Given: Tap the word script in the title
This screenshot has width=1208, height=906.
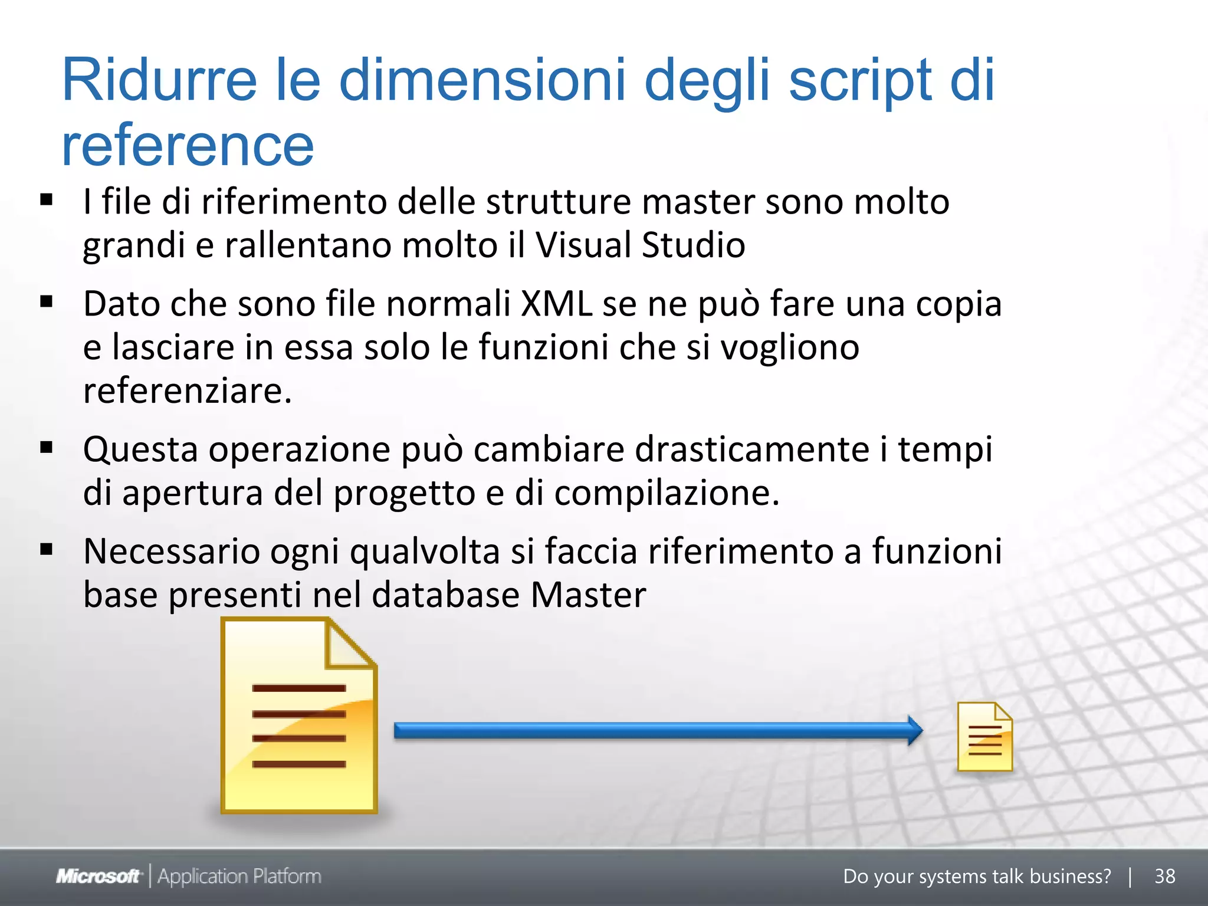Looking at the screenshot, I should tap(861, 81).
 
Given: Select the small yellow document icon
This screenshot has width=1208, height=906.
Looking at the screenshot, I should tap(984, 737).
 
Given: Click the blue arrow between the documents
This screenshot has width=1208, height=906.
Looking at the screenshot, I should tap(658, 731).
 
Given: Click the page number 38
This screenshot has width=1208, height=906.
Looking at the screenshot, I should tap(1164, 877).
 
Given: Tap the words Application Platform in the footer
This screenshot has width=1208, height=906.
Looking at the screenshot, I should tap(239, 877).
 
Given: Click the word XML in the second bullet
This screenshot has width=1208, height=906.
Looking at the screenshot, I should tap(556, 304).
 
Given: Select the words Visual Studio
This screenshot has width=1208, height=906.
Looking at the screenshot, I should tap(640, 245).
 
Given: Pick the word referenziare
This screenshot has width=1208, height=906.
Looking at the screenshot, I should tap(188, 390).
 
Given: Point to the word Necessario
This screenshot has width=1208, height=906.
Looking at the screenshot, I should tap(172, 552).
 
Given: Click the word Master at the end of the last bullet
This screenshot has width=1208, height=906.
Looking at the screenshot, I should tap(588, 595).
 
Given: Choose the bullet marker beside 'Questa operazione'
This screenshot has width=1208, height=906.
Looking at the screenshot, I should tap(47, 448).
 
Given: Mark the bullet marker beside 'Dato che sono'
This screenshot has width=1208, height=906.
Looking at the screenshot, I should tap(47, 303).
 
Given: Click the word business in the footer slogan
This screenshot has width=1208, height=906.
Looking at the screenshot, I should tap(1070, 877).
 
